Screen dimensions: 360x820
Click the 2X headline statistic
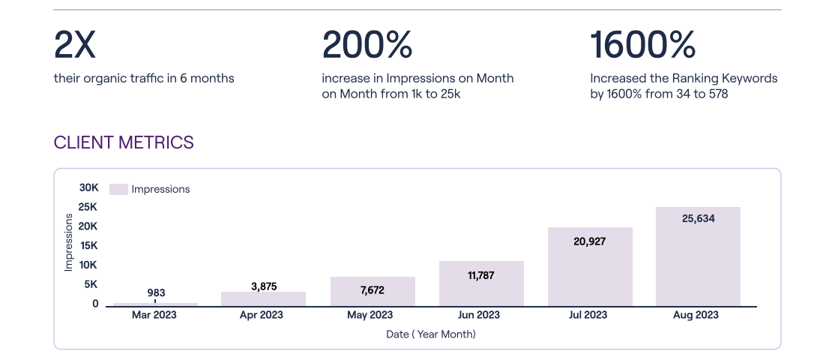(75, 45)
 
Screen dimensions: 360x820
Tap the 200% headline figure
(367, 45)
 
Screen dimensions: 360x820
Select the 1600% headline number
(643, 45)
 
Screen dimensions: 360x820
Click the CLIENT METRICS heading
(124, 142)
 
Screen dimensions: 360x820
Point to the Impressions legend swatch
(118, 189)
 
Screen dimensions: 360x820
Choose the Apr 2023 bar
(263, 298)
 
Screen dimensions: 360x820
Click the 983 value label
(156, 292)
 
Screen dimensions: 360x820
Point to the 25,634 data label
(698, 219)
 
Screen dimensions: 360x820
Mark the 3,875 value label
(263, 286)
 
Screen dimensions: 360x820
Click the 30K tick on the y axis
(89, 187)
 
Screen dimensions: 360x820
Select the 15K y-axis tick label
(89, 245)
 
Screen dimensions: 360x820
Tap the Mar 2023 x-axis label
(154, 315)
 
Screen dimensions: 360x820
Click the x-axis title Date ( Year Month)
(431, 334)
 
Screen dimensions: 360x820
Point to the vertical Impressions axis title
(69, 241)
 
